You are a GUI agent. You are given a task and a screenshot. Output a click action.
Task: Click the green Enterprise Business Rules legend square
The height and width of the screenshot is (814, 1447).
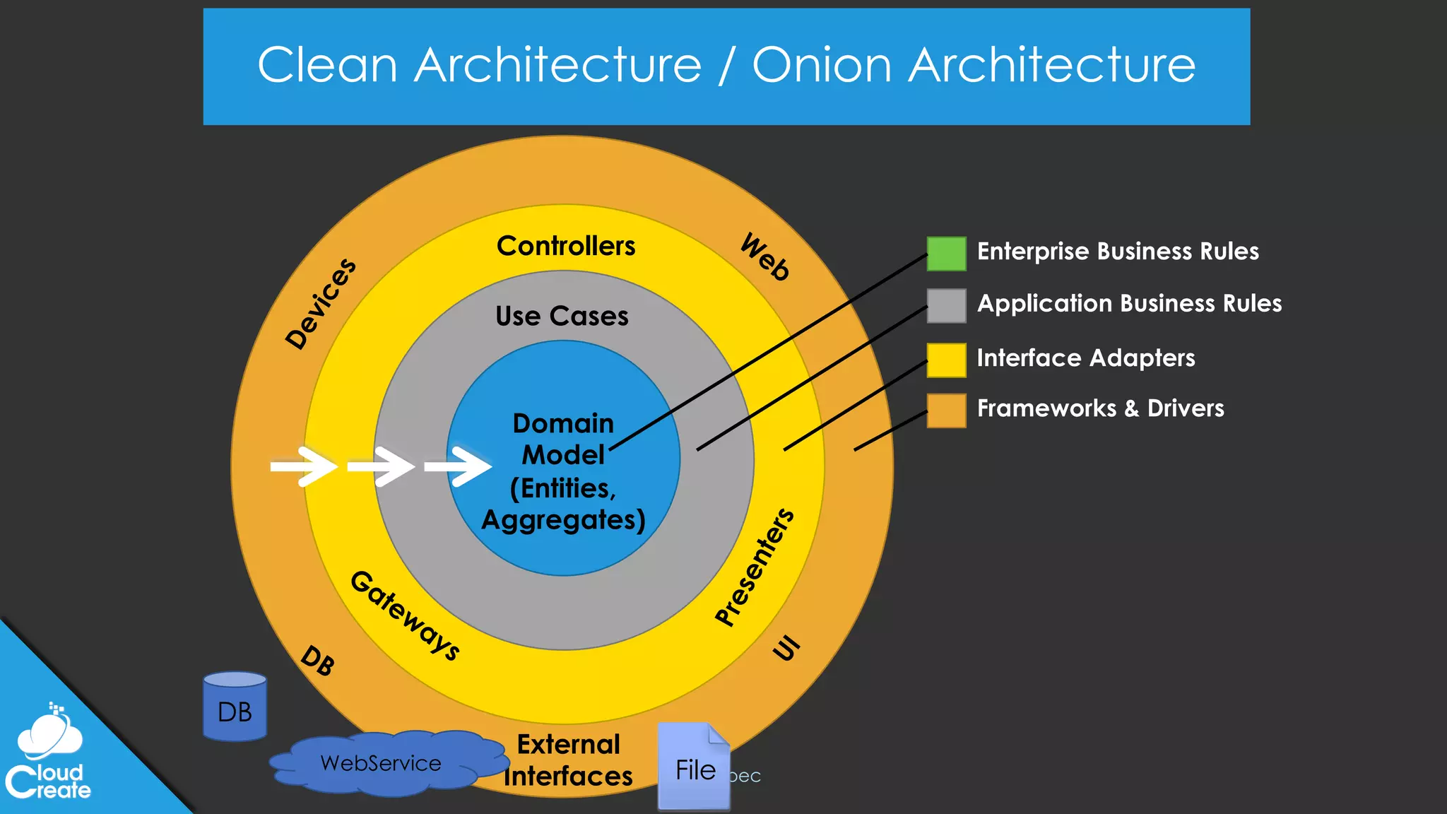[x=946, y=254]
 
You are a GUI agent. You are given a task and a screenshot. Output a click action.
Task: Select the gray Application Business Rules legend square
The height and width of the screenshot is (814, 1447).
[x=946, y=306]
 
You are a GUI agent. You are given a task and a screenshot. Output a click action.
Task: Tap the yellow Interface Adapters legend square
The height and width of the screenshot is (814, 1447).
[x=946, y=360]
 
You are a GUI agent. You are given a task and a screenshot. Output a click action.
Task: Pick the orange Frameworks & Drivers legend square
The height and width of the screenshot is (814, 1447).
[x=946, y=411]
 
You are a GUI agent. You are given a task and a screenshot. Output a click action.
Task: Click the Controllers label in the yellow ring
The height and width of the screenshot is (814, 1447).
[x=566, y=246]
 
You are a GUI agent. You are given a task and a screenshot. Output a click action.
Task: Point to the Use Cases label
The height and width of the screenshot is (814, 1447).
[x=562, y=316]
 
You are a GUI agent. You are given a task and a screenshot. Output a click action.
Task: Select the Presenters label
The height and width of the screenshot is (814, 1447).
[x=755, y=567]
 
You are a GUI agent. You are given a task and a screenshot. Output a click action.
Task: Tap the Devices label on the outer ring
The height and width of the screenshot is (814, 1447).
[x=321, y=304]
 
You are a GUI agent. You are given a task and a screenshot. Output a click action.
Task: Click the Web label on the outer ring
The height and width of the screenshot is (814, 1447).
[x=765, y=257]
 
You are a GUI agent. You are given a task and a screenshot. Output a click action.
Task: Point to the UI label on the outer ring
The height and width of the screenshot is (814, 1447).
[x=786, y=647]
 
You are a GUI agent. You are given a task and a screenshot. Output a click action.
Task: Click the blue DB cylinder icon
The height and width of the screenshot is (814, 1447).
[x=235, y=706]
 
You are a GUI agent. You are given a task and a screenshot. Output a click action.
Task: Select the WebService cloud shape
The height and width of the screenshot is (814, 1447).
[x=382, y=763]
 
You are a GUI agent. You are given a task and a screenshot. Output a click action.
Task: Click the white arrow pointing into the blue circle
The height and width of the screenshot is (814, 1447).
[x=457, y=466]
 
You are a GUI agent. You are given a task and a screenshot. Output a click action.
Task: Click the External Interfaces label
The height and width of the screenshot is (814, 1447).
[x=568, y=760]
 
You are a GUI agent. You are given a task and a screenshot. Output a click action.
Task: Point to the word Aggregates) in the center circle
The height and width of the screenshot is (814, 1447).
[x=563, y=520]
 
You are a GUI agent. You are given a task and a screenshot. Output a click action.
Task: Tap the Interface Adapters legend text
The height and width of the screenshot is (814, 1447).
[x=1085, y=358]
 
